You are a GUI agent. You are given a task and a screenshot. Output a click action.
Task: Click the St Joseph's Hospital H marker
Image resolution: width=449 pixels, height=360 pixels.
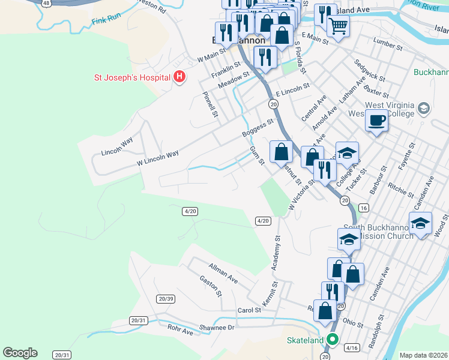tap(178, 77)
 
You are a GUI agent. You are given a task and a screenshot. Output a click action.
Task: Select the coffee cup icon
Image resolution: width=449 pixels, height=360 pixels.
tap(376, 120)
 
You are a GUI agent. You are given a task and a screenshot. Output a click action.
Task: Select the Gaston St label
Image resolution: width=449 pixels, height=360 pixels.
tap(211, 286)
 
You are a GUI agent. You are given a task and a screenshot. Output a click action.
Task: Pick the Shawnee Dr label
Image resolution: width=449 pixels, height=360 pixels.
tap(217, 328)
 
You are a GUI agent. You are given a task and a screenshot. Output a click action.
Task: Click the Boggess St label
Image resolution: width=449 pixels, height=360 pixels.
tap(258, 128)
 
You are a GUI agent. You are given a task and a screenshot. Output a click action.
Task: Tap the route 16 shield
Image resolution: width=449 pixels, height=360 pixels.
tap(363, 208)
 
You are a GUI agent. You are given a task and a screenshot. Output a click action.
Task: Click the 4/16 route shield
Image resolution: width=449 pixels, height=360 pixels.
tap(351, 347)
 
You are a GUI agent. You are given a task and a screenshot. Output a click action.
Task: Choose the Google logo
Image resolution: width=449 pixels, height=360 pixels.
tap(20, 353)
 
